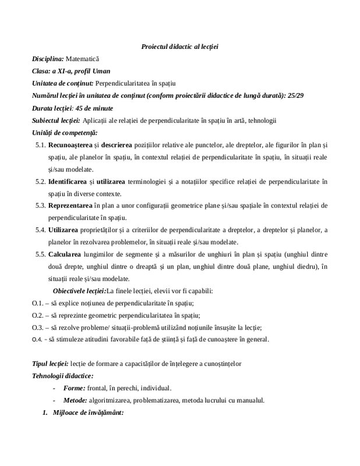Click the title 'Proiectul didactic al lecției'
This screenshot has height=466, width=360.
click(179, 46)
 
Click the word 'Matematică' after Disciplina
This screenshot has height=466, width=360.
click(83, 59)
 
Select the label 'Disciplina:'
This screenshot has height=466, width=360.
click(48, 59)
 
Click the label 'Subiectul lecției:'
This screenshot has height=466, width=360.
click(56, 121)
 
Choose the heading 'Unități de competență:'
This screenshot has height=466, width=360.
click(65, 133)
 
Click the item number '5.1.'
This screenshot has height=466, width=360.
click(41, 146)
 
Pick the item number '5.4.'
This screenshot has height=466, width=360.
click(41, 231)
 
